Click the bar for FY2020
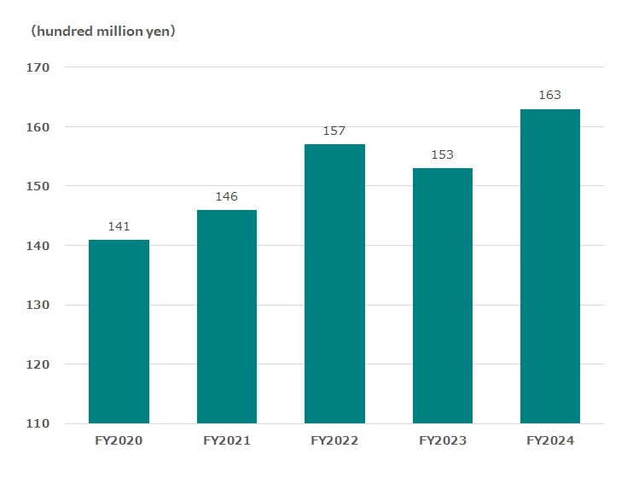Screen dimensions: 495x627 pos(119,331)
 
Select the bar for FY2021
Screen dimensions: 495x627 pos(226,317)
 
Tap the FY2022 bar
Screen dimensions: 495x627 pos(334,283)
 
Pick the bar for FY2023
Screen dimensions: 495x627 pos(442,295)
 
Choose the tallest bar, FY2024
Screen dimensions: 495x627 pos(549,266)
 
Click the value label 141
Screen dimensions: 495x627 pos(119,227)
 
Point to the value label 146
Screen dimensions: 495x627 pos(226,197)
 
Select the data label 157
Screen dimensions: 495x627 pos(334,131)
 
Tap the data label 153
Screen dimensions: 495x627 pos(442,155)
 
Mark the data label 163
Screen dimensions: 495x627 pos(549,96)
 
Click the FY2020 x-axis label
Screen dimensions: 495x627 pos(119,441)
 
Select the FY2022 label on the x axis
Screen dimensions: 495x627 pos(334,441)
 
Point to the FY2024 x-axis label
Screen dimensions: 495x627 pos(550,441)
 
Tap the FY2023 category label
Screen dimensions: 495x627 pos(442,441)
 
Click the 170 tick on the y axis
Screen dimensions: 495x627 pos(38,67)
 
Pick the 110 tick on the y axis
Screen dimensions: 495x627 pos(38,423)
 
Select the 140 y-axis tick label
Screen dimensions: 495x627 pos(38,246)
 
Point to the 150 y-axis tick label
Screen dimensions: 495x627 pos(38,186)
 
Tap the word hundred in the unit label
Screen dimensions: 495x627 pos(62,32)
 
